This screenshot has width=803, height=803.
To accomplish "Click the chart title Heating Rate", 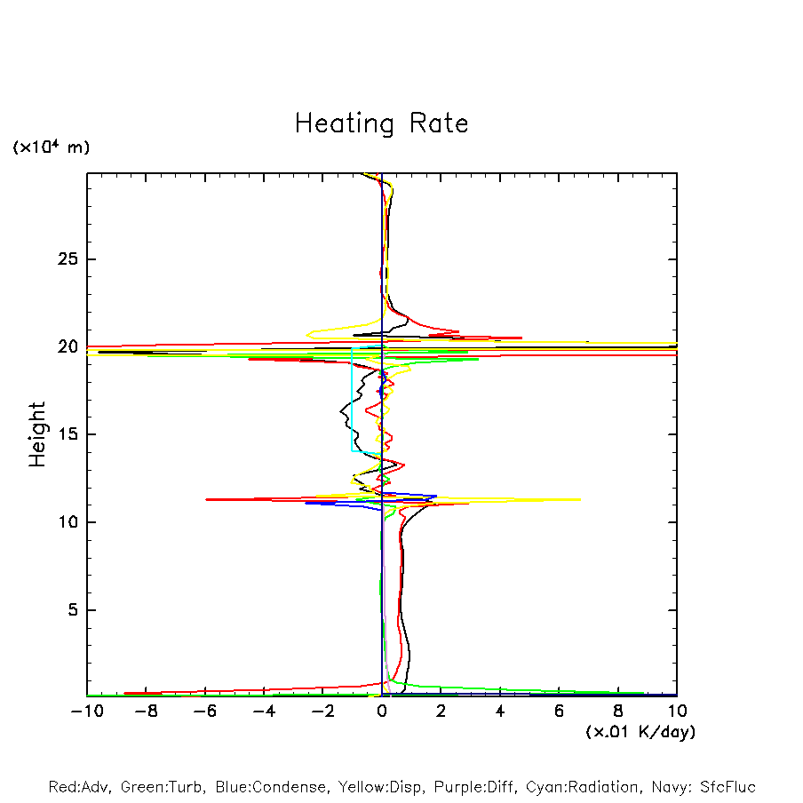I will tap(381, 123).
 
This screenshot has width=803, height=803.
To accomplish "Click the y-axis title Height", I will tap(37, 434).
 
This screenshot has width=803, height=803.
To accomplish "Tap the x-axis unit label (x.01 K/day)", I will tap(640, 732).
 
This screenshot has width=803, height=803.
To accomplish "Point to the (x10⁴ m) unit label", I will tap(51, 147).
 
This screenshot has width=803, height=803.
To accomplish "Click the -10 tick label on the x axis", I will tap(86, 712).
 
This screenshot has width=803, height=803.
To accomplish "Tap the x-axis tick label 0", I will tap(382, 712).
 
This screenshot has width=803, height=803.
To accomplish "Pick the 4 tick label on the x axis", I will tap(500, 712).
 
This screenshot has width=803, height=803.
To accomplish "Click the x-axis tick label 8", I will tap(618, 712).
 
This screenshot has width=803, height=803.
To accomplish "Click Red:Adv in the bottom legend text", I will tap(80, 787).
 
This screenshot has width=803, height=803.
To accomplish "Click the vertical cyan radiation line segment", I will tap(352, 400).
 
